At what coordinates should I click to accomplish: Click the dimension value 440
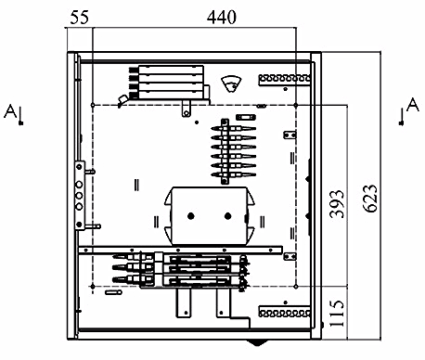222,17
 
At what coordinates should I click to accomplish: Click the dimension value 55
79,17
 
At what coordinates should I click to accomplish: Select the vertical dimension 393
337,204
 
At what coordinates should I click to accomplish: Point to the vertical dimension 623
369,199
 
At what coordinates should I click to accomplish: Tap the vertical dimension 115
337,314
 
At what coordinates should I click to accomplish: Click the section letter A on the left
10,111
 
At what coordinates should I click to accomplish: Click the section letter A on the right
413,105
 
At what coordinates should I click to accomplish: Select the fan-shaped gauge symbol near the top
231,84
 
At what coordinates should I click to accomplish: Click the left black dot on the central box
191,216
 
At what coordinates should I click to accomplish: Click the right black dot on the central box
227,216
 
